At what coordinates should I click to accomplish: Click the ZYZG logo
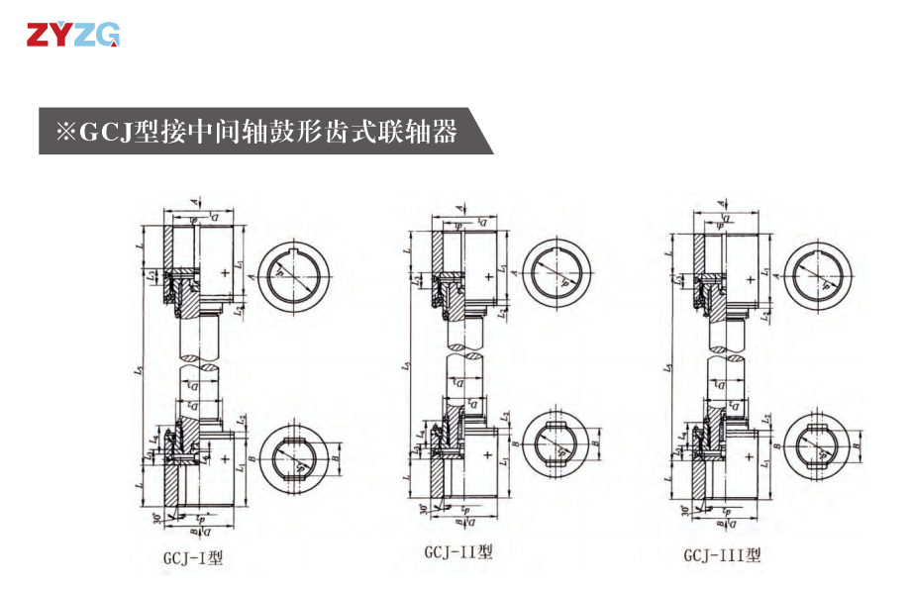73,36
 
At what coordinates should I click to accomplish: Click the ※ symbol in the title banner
65,132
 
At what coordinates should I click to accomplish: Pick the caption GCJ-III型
722,555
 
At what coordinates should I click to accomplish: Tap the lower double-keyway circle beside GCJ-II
558,444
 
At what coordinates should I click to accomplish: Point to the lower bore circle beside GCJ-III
822,444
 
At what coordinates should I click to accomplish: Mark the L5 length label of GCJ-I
142,368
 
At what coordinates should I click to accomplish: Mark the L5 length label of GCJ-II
407,367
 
